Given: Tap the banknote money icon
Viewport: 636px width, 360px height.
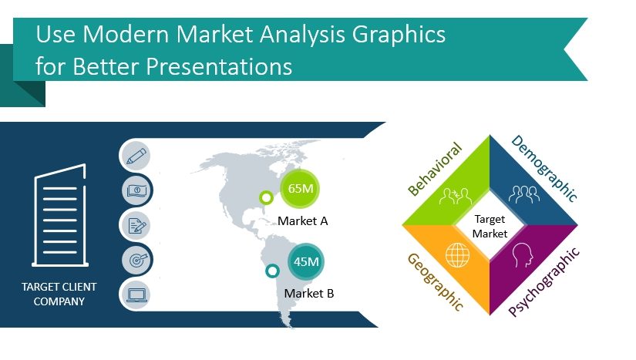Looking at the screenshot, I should [136, 190].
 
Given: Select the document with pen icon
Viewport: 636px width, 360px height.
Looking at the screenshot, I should [136, 225].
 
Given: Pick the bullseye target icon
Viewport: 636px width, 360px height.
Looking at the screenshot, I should [136, 260].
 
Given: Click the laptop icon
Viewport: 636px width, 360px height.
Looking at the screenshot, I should [136, 294].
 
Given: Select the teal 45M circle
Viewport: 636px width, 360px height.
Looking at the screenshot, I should [306, 262].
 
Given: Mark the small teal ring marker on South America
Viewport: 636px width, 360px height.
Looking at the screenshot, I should [271, 271].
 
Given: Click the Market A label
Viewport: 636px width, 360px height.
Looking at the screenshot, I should [303, 221].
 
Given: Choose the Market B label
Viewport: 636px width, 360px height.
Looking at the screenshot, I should [308, 293].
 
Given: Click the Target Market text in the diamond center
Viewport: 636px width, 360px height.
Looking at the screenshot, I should [490, 226].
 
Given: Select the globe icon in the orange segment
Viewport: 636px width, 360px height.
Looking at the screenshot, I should [456, 254].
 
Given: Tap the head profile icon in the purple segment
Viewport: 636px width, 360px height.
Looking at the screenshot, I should [523, 254].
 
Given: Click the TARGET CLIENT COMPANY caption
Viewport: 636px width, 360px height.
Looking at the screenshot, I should [59, 294].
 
